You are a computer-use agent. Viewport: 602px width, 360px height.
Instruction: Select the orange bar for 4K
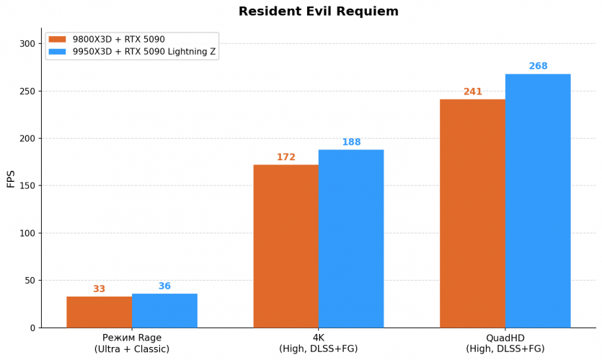[x=285, y=246]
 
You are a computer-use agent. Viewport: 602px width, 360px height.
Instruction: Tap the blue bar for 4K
[x=351, y=239]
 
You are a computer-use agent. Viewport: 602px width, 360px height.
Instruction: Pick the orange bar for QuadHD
[x=472, y=214]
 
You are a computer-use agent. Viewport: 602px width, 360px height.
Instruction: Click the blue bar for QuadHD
[x=538, y=201]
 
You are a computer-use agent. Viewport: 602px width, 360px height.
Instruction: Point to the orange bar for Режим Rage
[x=99, y=312]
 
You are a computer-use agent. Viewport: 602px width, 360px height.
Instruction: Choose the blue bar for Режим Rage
[x=164, y=310]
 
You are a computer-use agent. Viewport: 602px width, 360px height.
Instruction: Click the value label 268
[x=538, y=66]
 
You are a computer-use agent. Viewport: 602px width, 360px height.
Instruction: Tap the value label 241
[x=473, y=92]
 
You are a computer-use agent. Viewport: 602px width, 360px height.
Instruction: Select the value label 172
[x=286, y=157]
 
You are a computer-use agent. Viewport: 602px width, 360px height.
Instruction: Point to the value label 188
[x=351, y=142]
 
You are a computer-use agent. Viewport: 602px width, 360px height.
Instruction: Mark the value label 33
[x=99, y=289]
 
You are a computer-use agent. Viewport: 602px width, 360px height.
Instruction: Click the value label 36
[x=164, y=286]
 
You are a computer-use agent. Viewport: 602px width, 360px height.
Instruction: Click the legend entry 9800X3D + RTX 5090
[x=118, y=40]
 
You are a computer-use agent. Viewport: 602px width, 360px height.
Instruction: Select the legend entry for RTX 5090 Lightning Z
[x=143, y=52]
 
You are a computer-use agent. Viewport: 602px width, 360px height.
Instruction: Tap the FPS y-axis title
[x=11, y=178]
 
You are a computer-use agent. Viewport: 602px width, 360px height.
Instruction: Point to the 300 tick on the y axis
[x=27, y=43]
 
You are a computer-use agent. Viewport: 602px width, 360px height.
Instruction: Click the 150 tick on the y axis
[x=27, y=185]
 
